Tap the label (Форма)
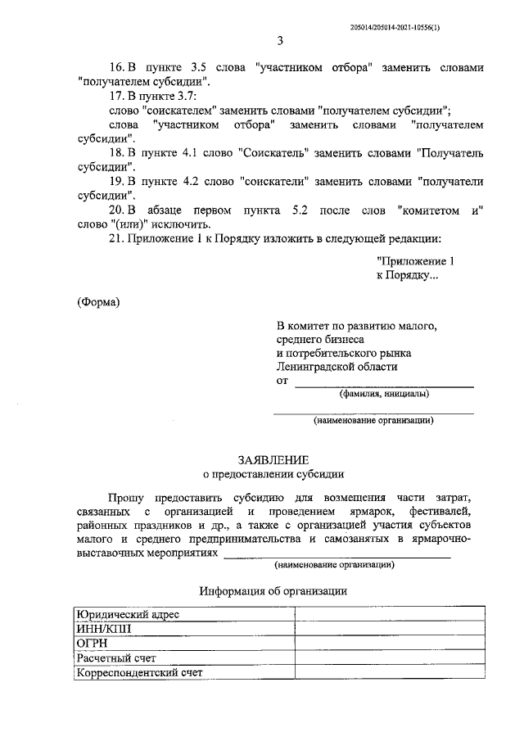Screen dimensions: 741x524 (x=98, y=302)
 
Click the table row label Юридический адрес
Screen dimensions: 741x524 (x=128, y=614)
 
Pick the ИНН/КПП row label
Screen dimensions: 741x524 (x=103, y=629)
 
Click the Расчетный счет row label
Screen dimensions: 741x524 (x=116, y=658)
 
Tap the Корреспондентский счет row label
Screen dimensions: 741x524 (x=139, y=673)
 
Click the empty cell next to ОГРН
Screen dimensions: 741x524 (x=382, y=644)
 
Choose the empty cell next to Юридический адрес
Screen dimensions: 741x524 (x=382, y=614)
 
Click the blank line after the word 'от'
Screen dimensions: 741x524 (x=383, y=382)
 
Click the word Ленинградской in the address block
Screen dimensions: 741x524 (x=316, y=367)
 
